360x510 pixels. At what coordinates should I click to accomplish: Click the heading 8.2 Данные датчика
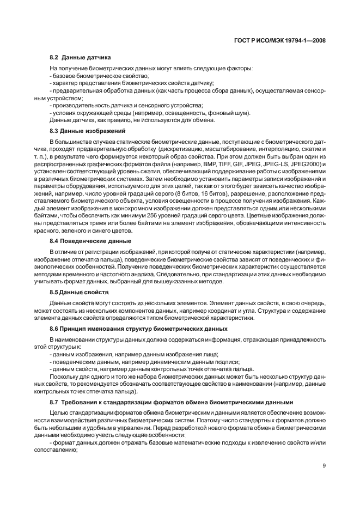(80, 57)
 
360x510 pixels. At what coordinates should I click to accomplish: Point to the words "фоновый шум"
(231, 112)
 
